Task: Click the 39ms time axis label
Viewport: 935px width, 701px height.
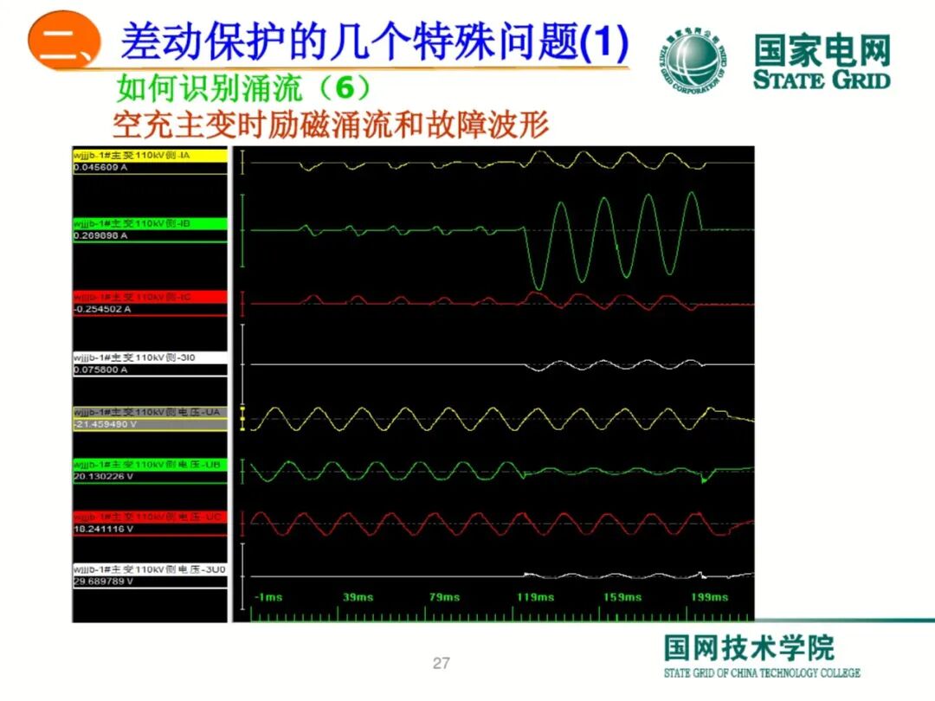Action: (358, 597)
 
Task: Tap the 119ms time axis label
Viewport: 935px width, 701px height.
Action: (535, 597)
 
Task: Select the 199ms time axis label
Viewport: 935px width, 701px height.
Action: (710, 597)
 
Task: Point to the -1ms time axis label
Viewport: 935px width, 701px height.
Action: (268, 597)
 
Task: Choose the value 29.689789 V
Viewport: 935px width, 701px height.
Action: (104, 582)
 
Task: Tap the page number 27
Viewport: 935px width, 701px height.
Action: (442, 664)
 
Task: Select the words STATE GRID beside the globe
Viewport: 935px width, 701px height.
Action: (821, 80)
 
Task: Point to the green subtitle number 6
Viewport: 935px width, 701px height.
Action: (344, 87)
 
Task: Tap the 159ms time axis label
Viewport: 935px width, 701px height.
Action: (622, 597)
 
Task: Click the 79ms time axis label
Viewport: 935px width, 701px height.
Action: (446, 597)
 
